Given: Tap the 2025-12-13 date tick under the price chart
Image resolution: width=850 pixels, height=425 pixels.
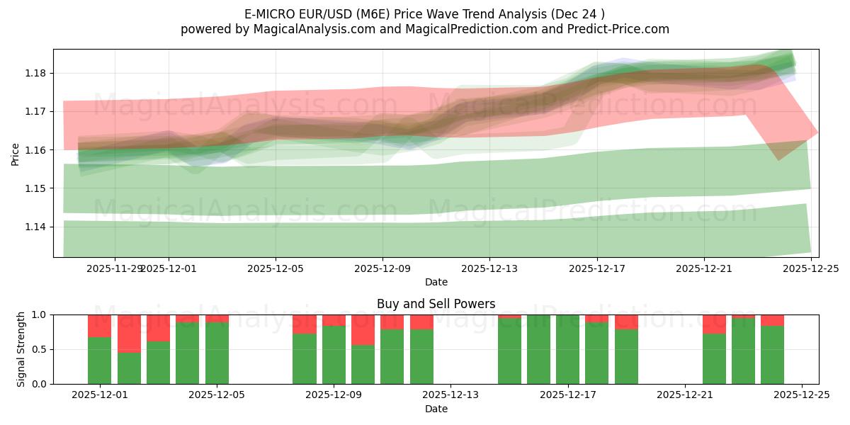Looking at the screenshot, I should [489, 269].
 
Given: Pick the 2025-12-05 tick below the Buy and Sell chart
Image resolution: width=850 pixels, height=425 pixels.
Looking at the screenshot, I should [217, 395].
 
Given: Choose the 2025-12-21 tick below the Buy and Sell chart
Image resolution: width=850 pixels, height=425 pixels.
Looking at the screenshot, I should [685, 395].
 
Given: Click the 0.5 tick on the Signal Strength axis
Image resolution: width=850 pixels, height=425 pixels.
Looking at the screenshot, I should [40, 349].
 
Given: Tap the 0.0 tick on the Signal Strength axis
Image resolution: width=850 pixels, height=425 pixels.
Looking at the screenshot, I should [40, 384].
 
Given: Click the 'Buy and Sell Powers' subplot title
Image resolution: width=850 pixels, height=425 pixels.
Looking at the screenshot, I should [436, 304].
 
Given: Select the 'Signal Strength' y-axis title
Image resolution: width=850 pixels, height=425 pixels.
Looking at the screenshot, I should [21, 349].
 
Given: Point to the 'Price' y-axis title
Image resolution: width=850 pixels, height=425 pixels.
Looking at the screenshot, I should [16, 153].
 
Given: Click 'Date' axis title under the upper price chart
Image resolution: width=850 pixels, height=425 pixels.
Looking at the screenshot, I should [436, 283].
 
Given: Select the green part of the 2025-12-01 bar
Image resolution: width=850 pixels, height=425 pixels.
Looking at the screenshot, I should [99, 361].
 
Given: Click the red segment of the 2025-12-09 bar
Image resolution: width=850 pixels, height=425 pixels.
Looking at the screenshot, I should [363, 329].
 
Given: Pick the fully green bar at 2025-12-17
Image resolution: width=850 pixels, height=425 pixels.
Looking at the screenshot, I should [567, 349].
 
